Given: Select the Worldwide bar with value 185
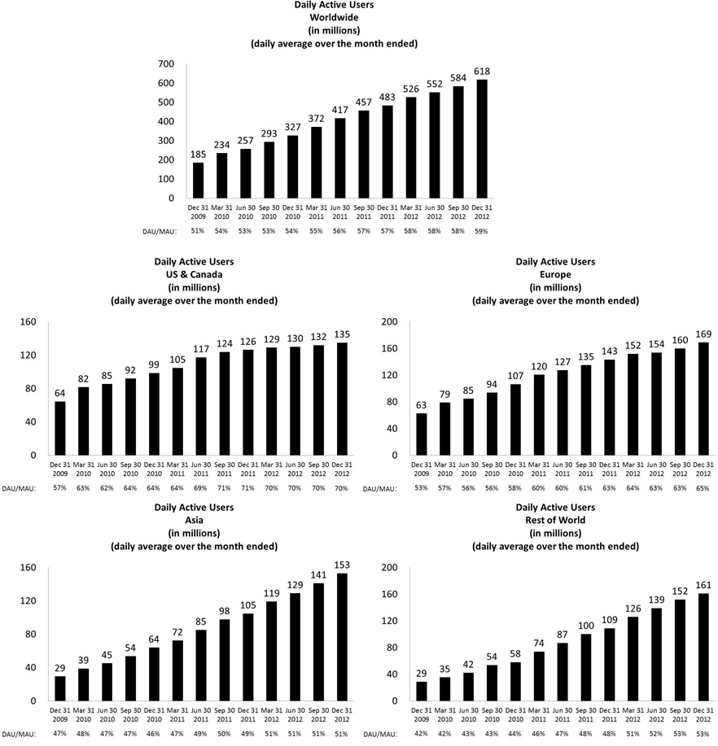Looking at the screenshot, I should point(198,180).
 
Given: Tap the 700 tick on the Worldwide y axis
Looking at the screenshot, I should point(165,64).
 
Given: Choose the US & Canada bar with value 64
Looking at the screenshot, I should point(60,428).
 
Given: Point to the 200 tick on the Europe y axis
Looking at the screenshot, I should point(389,322).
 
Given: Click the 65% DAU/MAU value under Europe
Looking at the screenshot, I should point(703,487).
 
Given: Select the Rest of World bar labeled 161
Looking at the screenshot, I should point(703,647).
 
